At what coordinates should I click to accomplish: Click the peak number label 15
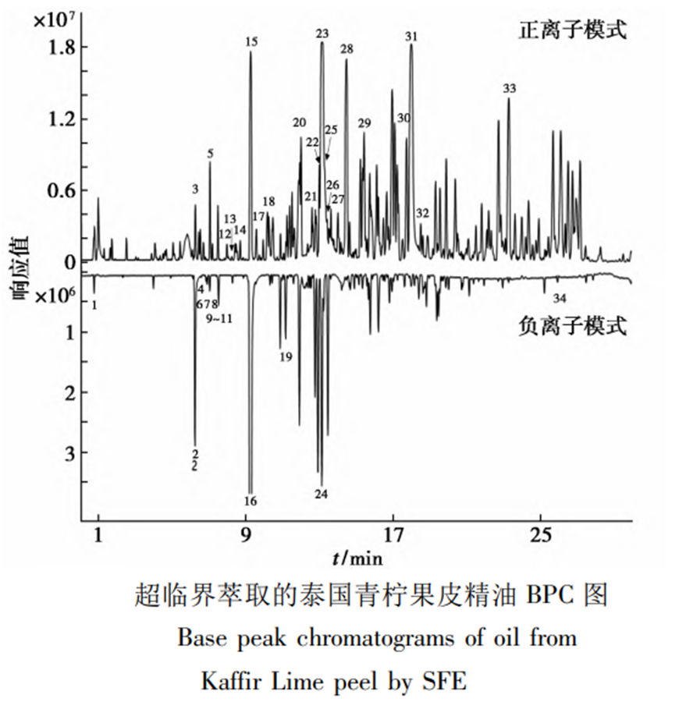[251, 42]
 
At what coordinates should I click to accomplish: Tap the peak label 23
[322, 34]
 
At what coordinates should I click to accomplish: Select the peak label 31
[411, 36]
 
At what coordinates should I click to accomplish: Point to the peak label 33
[509, 89]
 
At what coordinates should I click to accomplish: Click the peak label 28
[347, 49]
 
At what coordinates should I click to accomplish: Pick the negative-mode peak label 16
[250, 500]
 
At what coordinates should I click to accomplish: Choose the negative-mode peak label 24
[322, 494]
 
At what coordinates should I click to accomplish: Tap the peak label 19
[285, 357]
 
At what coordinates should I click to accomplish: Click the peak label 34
[559, 298]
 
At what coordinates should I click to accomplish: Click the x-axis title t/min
[357, 558]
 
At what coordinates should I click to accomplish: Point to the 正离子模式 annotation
[573, 31]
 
